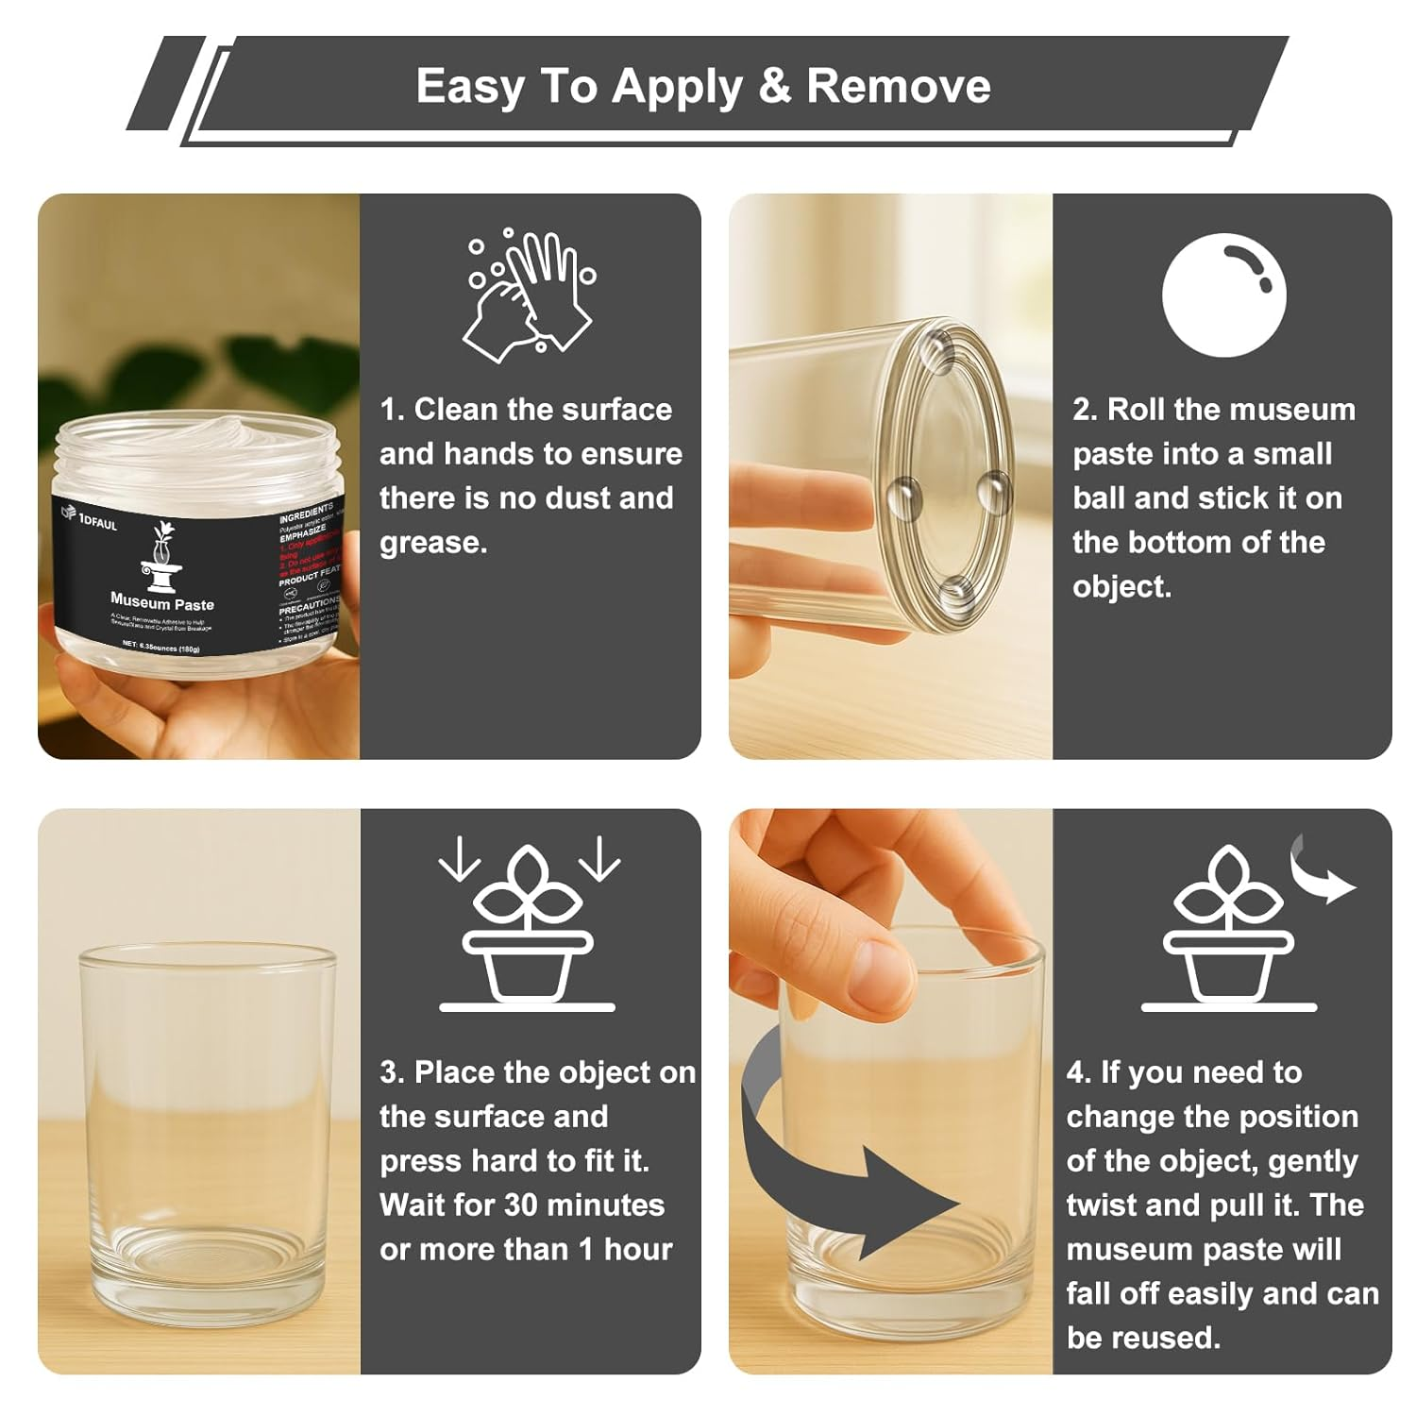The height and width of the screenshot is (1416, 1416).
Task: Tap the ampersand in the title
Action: [774, 86]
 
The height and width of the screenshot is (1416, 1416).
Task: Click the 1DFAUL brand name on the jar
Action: [98, 522]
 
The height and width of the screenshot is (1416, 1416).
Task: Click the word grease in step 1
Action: [430, 543]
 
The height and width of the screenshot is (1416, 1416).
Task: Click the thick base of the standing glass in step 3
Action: [208, 1279]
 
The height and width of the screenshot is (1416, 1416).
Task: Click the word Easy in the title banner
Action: [469, 86]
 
